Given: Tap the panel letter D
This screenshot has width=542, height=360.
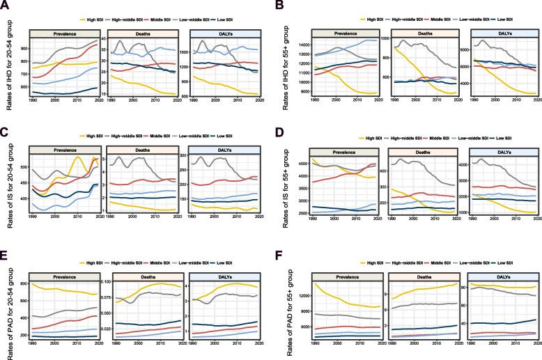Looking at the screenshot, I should tap(278, 130).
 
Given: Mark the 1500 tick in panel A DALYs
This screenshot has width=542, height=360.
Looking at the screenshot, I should tap(186, 52).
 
